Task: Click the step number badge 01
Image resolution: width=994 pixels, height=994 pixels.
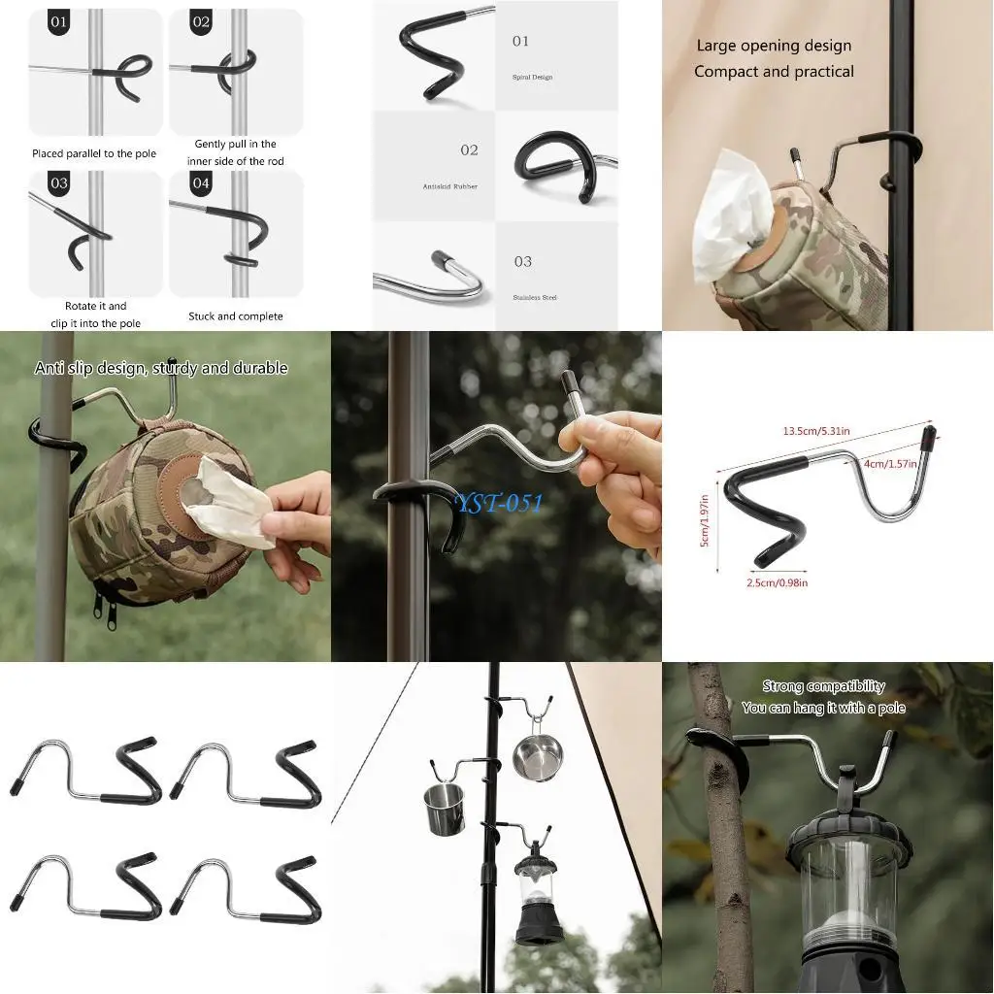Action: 59,21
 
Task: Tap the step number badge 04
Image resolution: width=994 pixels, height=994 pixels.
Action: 201,182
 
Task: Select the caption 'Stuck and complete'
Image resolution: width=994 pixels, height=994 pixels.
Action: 236,316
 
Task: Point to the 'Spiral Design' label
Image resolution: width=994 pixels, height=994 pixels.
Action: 532,77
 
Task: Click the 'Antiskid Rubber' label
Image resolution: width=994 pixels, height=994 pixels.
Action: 449,186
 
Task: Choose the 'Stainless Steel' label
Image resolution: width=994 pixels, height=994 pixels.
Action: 536,297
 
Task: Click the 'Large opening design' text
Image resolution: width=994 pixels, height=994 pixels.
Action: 774,46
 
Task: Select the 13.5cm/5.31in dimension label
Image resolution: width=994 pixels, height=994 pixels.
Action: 817,431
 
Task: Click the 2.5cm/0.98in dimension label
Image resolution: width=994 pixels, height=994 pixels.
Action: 777,582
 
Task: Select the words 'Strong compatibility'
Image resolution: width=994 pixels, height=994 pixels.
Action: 823,686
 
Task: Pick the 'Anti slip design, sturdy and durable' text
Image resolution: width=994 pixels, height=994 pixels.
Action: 161,369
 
